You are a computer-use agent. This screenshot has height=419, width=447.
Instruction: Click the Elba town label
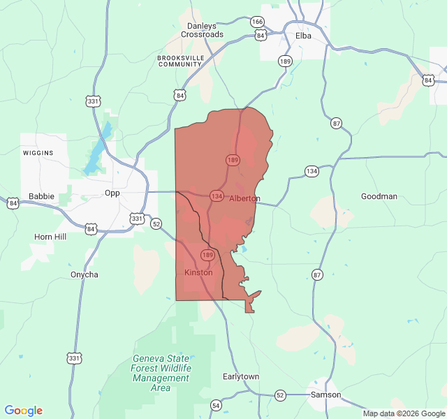tap(303, 35)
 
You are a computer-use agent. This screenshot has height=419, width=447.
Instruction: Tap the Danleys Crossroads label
tap(202, 30)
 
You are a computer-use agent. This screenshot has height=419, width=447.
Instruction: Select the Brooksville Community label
tap(179, 61)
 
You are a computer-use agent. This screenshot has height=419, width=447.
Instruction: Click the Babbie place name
tap(41, 196)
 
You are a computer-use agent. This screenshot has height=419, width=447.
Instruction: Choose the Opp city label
tap(112, 193)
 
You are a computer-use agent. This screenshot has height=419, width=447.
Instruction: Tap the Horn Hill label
tap(50, 237)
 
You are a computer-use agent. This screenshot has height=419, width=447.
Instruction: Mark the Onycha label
tap(85, 274)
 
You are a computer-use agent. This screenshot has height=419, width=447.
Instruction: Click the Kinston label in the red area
tap(198, 272)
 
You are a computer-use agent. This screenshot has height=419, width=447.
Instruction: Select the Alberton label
tap(244, 198)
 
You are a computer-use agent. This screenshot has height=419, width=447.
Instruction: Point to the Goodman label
tap(379, 196)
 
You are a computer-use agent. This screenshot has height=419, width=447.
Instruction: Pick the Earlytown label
tap(241, 376)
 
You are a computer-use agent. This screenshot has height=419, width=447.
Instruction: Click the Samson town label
tap(326, 395)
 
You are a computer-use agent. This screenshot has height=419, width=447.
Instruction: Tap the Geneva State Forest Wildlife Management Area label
tap(161, 373)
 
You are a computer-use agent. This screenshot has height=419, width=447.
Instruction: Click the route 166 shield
tap(258, 22)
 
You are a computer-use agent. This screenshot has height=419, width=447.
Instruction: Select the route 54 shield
tap(216, 405)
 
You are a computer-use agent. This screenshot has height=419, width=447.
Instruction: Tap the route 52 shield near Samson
tap(280, 395)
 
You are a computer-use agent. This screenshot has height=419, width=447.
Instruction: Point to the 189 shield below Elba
tap(285, 61)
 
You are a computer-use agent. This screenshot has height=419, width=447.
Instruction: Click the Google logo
tap(23, 411)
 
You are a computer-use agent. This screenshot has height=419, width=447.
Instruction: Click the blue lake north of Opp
tap(96, 155)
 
